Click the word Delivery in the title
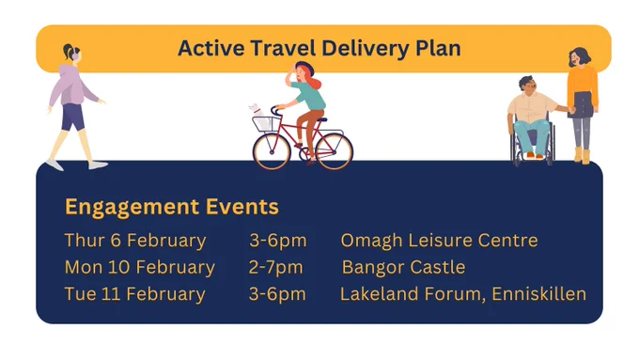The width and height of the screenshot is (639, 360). pos(366,49)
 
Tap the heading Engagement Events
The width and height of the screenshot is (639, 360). pos(172,207)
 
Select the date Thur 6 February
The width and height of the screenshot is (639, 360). pos(135,241)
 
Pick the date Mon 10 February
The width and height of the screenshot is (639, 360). pos(140,268)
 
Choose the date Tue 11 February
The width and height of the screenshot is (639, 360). pos(135,295)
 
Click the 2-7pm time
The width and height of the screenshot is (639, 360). pos(276,268)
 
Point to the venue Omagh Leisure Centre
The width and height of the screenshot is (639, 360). pos(440,241)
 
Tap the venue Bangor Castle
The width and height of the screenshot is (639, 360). pos(403,268)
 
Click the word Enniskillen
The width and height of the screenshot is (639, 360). pos(539,294)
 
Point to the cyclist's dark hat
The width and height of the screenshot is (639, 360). pos(304,68)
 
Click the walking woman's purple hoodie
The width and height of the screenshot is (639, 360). pos(72,86)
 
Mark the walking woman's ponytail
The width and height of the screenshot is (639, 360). pos(68,51)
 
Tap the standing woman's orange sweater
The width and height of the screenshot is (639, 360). pos(583,86)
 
